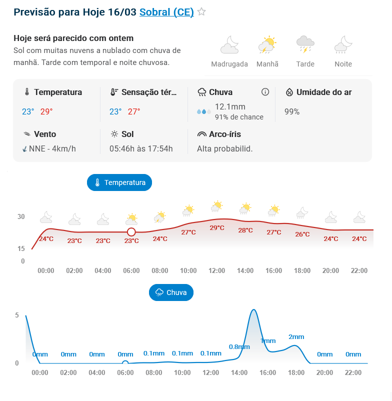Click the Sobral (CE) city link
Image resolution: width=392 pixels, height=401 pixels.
click(166, 12)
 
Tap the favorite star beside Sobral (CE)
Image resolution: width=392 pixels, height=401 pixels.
click(201, 12)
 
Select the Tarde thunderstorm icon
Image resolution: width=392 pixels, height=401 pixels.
click(305, 44)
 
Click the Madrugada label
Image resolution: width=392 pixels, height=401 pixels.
click(229, 64)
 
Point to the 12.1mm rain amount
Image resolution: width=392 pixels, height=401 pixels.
click(230, 106)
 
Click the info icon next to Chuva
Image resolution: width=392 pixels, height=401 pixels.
click(265, 92)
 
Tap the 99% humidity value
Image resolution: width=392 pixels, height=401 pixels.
click(292, 111)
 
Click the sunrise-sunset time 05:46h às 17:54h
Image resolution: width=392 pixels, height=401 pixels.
click(141, 148)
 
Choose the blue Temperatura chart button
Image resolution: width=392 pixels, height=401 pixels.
click(119, 182)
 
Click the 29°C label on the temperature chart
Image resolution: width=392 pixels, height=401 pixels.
click(217, 227)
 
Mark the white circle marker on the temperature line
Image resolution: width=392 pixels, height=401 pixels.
click(131, 232)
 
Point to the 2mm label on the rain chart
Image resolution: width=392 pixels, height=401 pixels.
click(296, 336)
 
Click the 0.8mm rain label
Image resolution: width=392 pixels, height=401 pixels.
click(239, 346)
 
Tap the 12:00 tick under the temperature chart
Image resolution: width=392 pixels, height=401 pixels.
click(217, 270)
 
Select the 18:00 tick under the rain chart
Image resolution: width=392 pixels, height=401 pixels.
click(296, 372)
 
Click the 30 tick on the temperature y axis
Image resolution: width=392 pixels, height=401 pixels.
click(21, 216)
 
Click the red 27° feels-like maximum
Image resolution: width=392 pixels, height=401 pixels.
click(134, 111)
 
